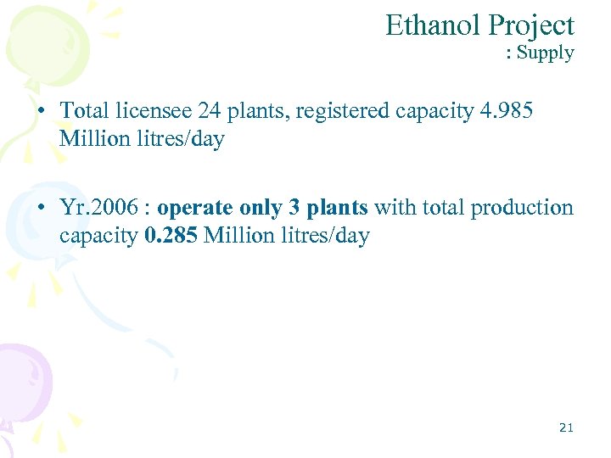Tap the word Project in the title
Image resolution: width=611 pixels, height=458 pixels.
click(x=530, y=25)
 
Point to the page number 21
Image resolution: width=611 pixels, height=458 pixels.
click(x=566, y=427)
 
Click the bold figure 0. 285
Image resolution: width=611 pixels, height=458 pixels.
click(x=172, y=235)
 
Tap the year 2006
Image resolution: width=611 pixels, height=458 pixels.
click(x=116, y=208)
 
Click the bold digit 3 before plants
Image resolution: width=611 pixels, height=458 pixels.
click(x=294, y=208)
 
